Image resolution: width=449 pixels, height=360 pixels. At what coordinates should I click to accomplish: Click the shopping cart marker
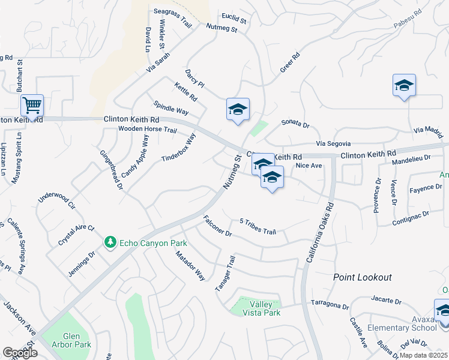pos(32,105)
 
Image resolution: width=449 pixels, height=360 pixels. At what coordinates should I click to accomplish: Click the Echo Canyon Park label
pos(154,243)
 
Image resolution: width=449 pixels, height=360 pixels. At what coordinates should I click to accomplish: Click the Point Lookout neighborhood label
pos(363,277)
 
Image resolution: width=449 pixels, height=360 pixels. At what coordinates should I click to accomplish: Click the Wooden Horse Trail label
pos(147,129)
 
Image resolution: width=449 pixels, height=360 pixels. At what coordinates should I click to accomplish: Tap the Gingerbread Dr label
pos(111,170)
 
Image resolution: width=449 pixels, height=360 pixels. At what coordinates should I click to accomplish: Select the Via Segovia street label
pos(333,143)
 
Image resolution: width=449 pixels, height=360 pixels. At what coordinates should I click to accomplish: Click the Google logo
pos(20,353)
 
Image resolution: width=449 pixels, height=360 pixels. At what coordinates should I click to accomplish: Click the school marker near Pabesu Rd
pos(404,85)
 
